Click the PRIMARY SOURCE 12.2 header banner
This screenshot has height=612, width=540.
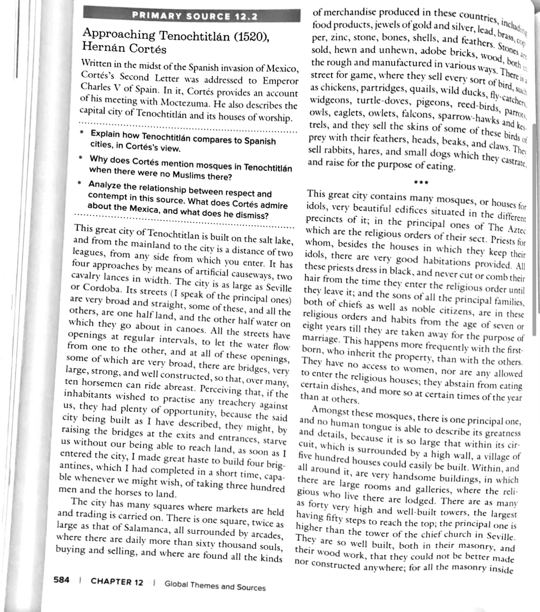[194, 16]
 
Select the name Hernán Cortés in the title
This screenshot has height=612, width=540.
[124, 48]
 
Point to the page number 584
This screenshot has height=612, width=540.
[62, 580]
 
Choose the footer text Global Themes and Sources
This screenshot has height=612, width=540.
[215, 586]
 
